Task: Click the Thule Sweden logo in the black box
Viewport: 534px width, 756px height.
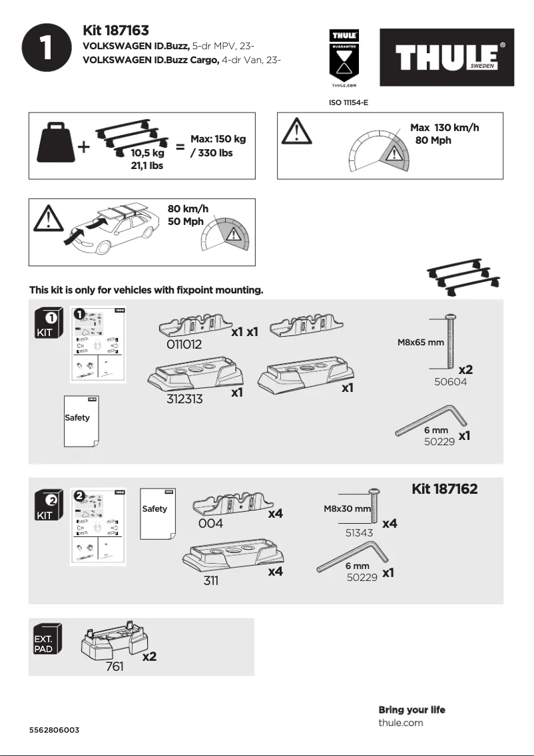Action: [x=447, y=57]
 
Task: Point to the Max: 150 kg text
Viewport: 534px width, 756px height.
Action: [x=218, y=139]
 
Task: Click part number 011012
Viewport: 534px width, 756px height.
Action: [x=184, y=345]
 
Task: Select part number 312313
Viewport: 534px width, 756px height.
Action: [x=184, y=399]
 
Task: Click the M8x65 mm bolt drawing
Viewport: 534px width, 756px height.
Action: [x=451, y=342]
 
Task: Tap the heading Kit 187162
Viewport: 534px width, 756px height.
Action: [x=444, y=489]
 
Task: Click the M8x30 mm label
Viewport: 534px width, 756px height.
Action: [x=347, y=509]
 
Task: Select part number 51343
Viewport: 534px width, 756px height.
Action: [x=359, y=533]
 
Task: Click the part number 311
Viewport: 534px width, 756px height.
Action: [x=210, y=580]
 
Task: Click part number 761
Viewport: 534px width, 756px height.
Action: [x=115, y=667]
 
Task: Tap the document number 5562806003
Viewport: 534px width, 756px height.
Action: [x=54, y=730]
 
